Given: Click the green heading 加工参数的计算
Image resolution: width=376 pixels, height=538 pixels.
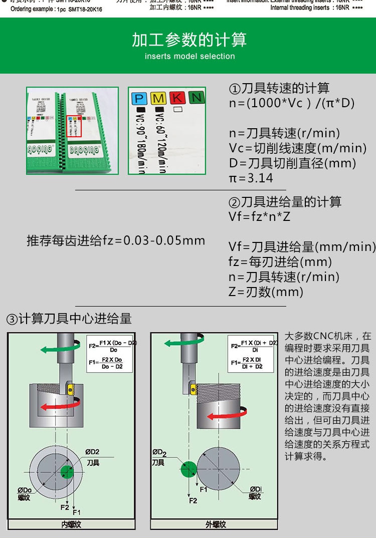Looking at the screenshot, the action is pos(190,40).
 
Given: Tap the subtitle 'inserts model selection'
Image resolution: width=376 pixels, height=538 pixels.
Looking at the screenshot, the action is pos(190,56).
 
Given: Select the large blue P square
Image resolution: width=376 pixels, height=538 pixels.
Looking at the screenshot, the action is pos(139,98).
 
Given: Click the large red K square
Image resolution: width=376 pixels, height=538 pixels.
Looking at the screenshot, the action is pos(177,98).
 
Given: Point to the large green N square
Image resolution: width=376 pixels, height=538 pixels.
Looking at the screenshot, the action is pos(197,98).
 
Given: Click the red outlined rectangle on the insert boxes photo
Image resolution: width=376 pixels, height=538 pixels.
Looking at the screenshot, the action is pos(74,125).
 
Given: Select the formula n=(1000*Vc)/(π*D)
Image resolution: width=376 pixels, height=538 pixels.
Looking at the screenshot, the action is pos(292,103).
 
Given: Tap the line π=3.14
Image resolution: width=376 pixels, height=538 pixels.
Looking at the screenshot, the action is pos(251,178).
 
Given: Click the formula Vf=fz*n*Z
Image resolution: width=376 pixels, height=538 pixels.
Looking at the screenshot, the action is pos(259,217).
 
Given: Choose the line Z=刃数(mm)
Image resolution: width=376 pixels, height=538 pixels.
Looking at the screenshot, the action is pos(266,292).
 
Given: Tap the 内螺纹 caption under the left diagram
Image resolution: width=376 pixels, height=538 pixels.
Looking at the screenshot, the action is pos(71,524).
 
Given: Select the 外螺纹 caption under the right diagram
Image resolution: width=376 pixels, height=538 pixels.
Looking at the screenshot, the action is pos(216,524).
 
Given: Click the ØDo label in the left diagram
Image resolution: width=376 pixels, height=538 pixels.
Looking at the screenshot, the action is pos(25,490).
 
